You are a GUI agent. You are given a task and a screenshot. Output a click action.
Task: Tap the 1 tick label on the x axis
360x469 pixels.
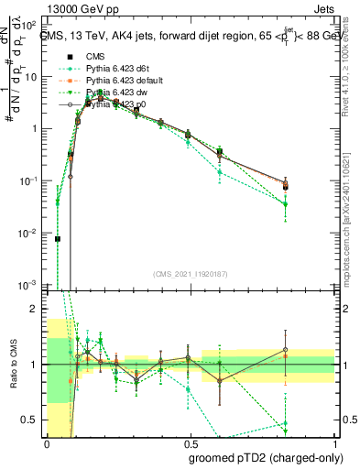click(x=337, y=443)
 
